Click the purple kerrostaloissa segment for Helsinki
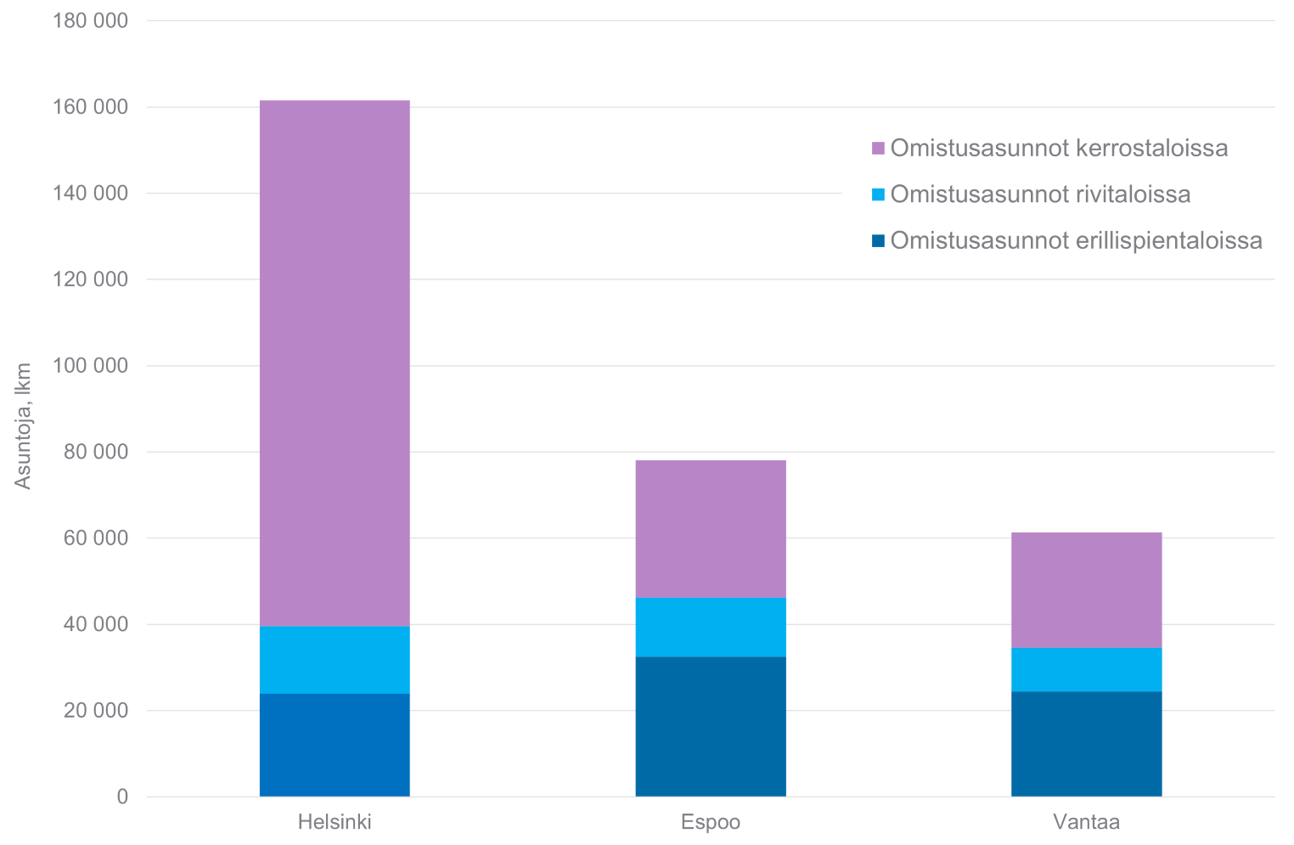(x=335, y=363)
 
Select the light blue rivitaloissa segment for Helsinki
(x=335, y=660)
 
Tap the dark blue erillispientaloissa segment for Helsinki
(x=335, y=745)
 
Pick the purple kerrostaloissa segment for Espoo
(x=711, y=528)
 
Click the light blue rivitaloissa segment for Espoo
(x=711, y=627)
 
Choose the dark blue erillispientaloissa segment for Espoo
(x=711, y=726)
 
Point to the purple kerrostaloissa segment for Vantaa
(x=1086, y=590)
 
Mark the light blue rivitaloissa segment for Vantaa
(x=1086, y=669)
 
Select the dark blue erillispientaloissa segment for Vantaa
(x=1086, y=744)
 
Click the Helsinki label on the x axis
(x=335, y=822)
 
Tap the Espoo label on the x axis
(x=711, y=822)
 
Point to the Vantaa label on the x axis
(x=1086, y=822)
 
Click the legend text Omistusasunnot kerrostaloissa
(x=1059, y=148)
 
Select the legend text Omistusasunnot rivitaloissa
(x=1040, y=194)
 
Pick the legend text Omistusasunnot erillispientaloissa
(x=1076, y=241)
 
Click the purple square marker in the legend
(x=878, y=149)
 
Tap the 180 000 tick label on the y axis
(x=90, y=20)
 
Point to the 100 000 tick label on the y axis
(x=90, y=366)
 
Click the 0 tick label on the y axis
(x=122, y=797)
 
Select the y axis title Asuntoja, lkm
(x=23, y=425)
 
